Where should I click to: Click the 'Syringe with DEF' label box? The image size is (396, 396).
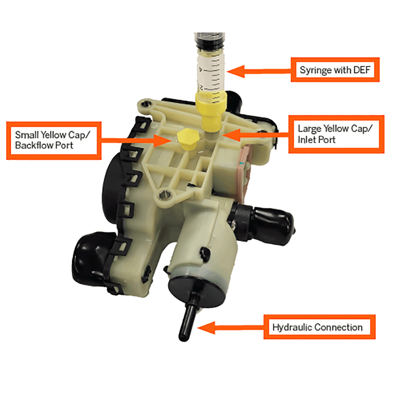tap(335, 70)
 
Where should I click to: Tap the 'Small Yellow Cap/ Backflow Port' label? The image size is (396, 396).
tap(53, 140)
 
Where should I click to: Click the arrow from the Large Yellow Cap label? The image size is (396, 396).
tap(255, 134)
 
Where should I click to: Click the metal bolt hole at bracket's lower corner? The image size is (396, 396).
tap(164, 194)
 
